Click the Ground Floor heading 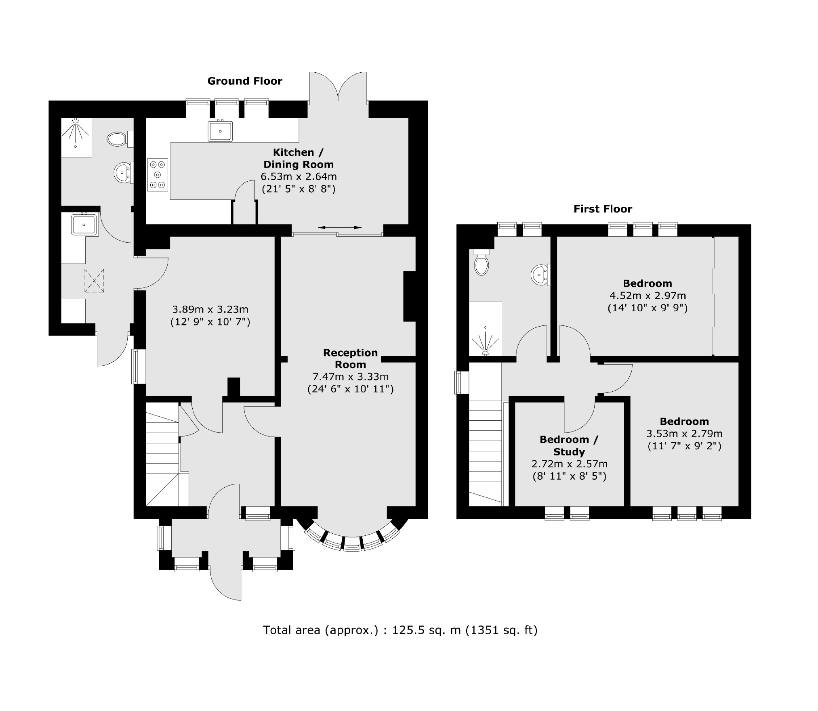245,81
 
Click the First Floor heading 603,209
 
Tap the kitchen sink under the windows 220,131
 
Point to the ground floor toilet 118,139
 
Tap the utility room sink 84,224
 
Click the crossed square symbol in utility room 94,281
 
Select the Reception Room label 350,359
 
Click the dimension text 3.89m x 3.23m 210,310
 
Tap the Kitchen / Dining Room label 299,158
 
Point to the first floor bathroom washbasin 539,275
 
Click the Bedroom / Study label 569,445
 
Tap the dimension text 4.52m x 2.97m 648,296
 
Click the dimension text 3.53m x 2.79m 684,434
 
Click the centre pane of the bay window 352,544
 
